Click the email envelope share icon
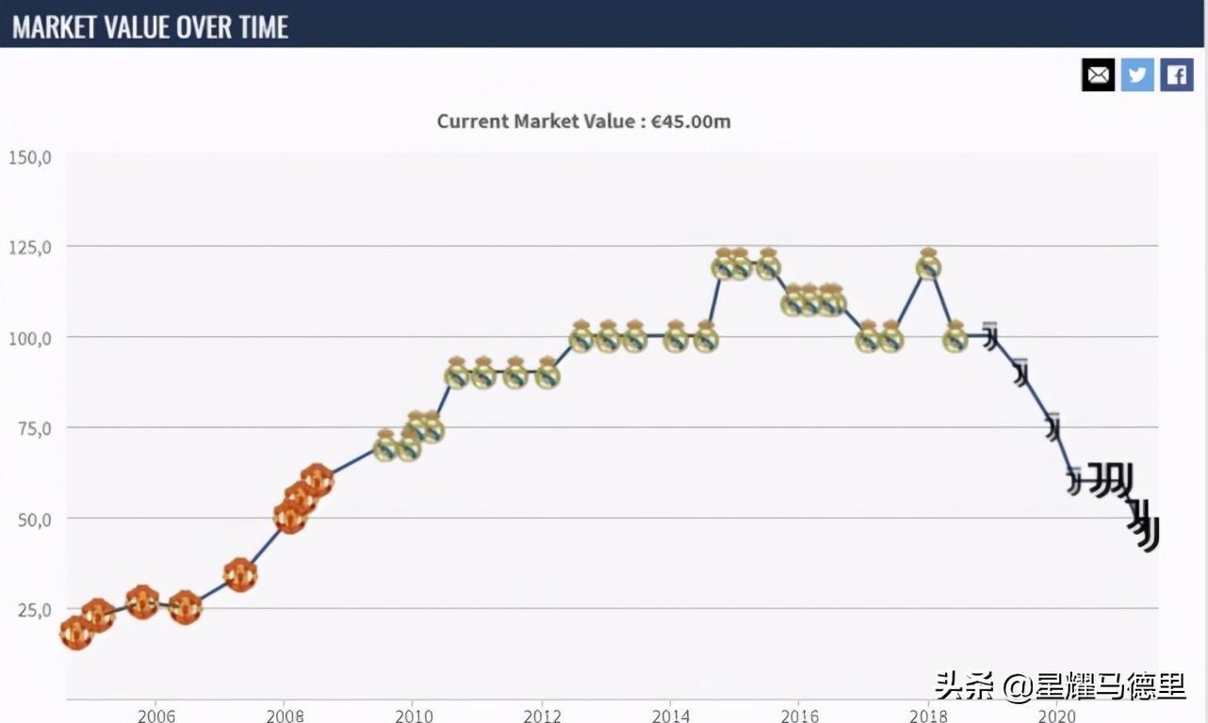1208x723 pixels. click(1098, 74)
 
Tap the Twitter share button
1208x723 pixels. click(1137, 74)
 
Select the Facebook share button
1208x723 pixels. click(1177, 74)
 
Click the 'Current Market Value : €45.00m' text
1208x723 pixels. click(583, 121)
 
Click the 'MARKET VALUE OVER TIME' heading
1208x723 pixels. click(150, 26)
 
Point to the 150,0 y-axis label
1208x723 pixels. click(29, 156)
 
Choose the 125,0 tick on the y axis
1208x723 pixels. click(29, 247)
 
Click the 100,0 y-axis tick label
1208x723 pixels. click(29, 337)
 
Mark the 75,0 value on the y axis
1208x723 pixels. click(32, 427)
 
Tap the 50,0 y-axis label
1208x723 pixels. click(32, 519)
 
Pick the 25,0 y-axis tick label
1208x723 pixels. click(32, 609)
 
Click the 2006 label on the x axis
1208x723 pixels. click(155, 715)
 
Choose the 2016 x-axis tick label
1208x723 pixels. click(799, 715)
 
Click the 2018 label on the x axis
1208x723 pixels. click(928, 715)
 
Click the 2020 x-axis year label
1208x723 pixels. click(1056, 715)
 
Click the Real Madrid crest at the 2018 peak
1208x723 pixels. click(929, 265)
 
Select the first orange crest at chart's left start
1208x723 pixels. click(76, 633)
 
